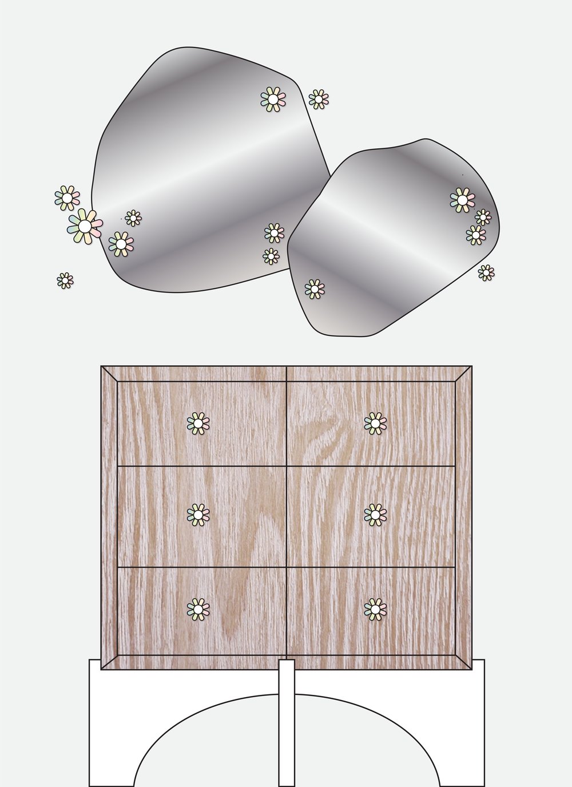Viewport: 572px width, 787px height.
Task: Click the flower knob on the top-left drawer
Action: tap(198, 424)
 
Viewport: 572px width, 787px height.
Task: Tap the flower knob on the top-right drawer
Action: tap(375, 424)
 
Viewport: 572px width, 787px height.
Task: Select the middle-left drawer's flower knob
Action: tap(198, 515)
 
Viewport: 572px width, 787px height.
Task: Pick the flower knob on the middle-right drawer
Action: tap(375, 515)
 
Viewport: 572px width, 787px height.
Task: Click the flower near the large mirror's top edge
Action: tap(273, 100)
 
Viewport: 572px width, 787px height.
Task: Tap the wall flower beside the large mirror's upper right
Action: tap(319, 99)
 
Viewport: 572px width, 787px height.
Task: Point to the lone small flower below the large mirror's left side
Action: tap(65, 280)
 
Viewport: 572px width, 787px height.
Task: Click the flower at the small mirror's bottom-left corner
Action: tap(314, 290)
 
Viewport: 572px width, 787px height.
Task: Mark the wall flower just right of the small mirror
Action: tap(486, 272)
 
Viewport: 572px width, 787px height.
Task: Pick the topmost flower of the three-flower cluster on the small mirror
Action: tap(462, 200)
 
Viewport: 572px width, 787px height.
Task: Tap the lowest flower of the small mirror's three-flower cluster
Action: tap(475, 235)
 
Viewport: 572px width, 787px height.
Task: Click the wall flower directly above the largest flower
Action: tap(67, 198)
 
